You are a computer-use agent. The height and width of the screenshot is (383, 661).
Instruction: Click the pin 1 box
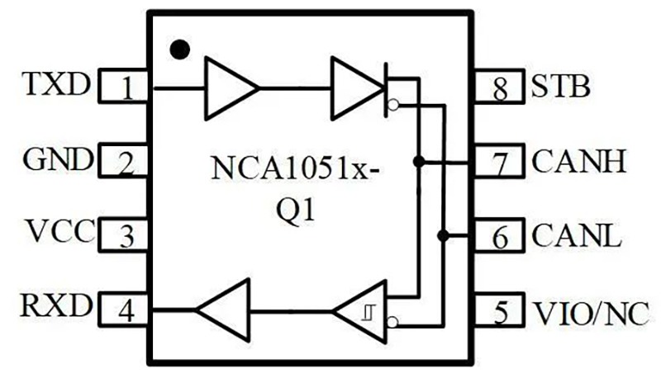[126, 87]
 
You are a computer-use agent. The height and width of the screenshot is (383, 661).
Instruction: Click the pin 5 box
[500, 311]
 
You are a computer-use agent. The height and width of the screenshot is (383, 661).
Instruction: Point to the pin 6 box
[500, 237]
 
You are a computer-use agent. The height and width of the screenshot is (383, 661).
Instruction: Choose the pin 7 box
[500, 161]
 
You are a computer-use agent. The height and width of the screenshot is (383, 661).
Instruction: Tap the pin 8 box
[500, 87]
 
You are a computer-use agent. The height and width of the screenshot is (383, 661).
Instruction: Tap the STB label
[562, 85]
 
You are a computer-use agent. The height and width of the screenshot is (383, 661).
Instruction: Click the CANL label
[576, 236]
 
